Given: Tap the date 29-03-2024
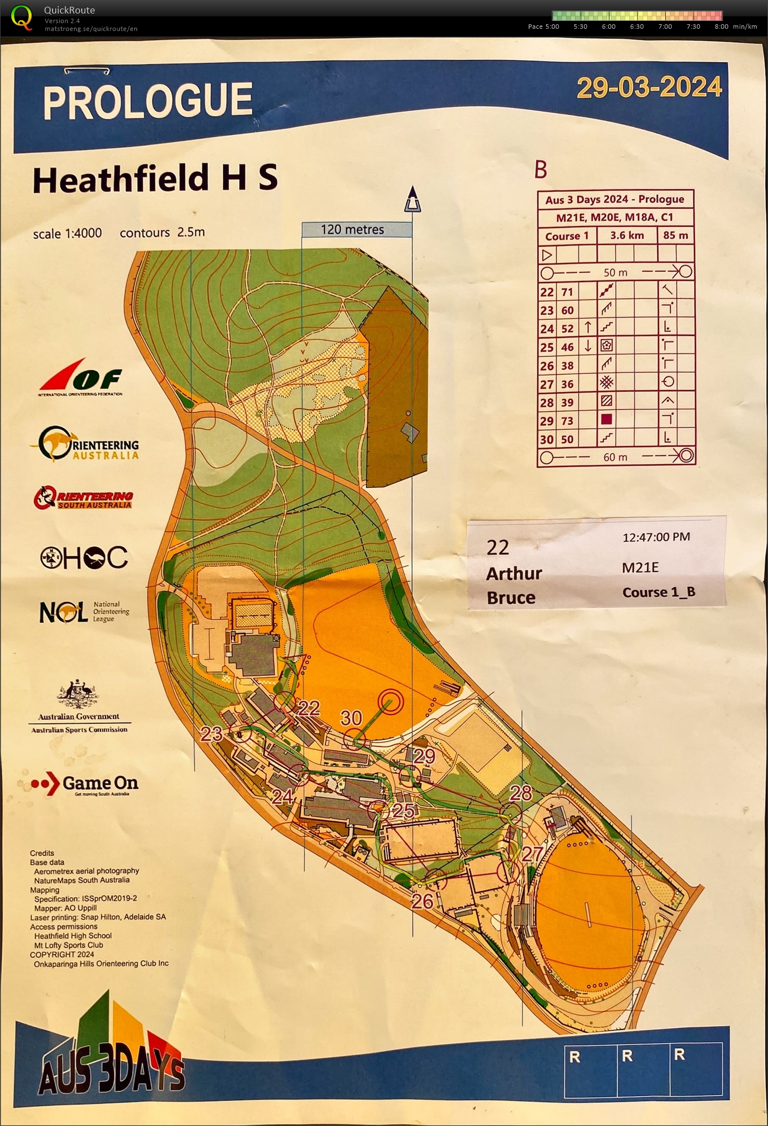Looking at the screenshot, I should [x=649, y=87].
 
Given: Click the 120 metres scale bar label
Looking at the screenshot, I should [x=352, y=230].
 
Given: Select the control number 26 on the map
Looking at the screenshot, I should [x=422, y=901].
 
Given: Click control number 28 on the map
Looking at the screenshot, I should [x=520, y=793].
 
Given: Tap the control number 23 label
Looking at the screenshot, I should [x=212, y=733].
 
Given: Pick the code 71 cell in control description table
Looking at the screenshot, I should [x=567, y=292].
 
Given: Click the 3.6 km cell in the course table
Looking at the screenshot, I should [x=626, y=235].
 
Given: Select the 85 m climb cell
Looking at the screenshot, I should [x=675, y=235].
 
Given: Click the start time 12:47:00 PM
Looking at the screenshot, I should [x=656, y=537].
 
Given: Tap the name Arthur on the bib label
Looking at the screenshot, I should [x=514, y=574].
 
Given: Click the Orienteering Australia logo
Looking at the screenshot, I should [x=85, y=444].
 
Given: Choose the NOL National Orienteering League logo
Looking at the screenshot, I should [x=84, y=612].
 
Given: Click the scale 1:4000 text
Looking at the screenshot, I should [x=67, y=234].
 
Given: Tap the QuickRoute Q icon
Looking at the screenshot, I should [x=21, y=17].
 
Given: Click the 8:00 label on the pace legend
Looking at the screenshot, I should [x=721, y=27].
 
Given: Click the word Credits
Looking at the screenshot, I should [x=42, y=853].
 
